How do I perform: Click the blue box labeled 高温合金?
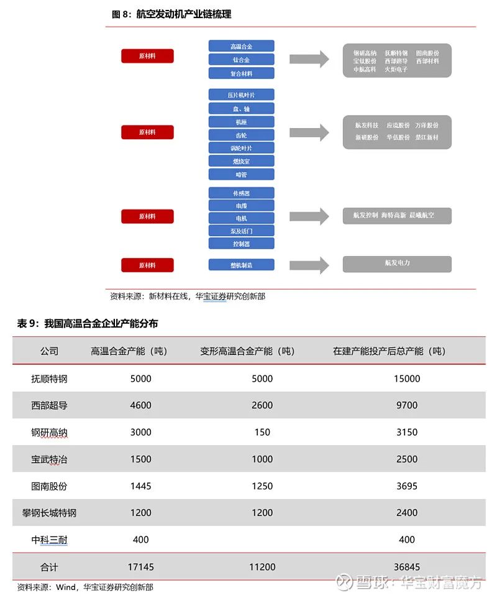pyautogui.click(x=241, y=46)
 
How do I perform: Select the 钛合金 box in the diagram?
pyautogui.click(x=241, y=60)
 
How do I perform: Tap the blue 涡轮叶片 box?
pyautogui.click(x=241, y=148)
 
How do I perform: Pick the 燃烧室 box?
pyautogui.click(x=241, y=162)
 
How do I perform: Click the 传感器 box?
pyautogui.click(x=241, y=193)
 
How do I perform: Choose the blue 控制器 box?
pyautogui.click(x=241, y=244)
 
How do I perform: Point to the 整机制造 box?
pyautogui.click(x=241, y=265)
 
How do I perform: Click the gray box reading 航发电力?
pyautogui.click(x=397, y=264)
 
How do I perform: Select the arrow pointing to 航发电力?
pyautogui.click(x=309, y=264)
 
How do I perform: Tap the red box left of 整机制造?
pyautogui.click(x=147, y=265)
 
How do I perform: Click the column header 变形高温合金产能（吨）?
pyautogui.click(x=247, y=351)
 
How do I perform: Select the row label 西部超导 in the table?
pyautogui.click(x=49, y=405)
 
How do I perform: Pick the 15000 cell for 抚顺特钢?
pyautogui.click(x=407, y=379)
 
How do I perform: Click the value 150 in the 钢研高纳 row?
pyautogui.click(x=262, y=432)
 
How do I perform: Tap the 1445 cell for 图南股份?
pyautogui.click(x=141, y=486)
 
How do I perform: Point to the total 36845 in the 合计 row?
pyautogui.click(x=408, y=567)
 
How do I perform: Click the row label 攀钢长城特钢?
pyautogui.click(x=49, y=513)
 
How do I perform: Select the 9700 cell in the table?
pyautogui.click(x=407, y=405)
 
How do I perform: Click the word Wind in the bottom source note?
pyautogui.click(x=65, y=587)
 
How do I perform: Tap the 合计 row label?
pyautogui.click(x=49, y=567)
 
